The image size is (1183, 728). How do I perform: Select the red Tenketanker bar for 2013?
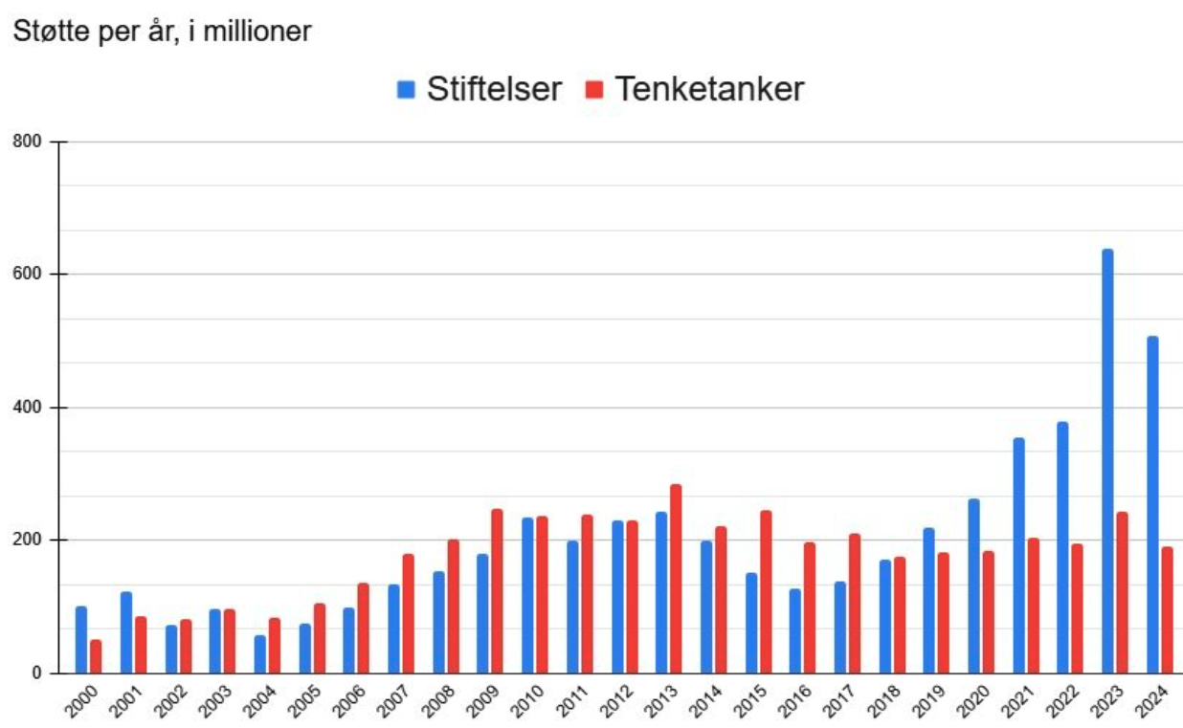click(x=676, y=579)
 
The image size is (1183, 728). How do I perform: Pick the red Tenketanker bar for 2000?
click(x=96, y=656)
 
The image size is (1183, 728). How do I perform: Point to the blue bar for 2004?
click(x=259, y=654)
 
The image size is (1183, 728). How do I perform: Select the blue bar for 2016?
click(x=794, y=630)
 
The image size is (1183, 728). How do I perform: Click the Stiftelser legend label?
click(x=494, y=89)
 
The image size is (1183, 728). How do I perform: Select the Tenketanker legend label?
click(x=709, y=89)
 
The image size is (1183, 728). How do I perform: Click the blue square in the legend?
click(x=407, y=90)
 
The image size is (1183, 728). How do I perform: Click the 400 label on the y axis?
click(x=33, y=408)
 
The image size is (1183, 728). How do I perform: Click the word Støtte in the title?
click(x=43, y=31)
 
